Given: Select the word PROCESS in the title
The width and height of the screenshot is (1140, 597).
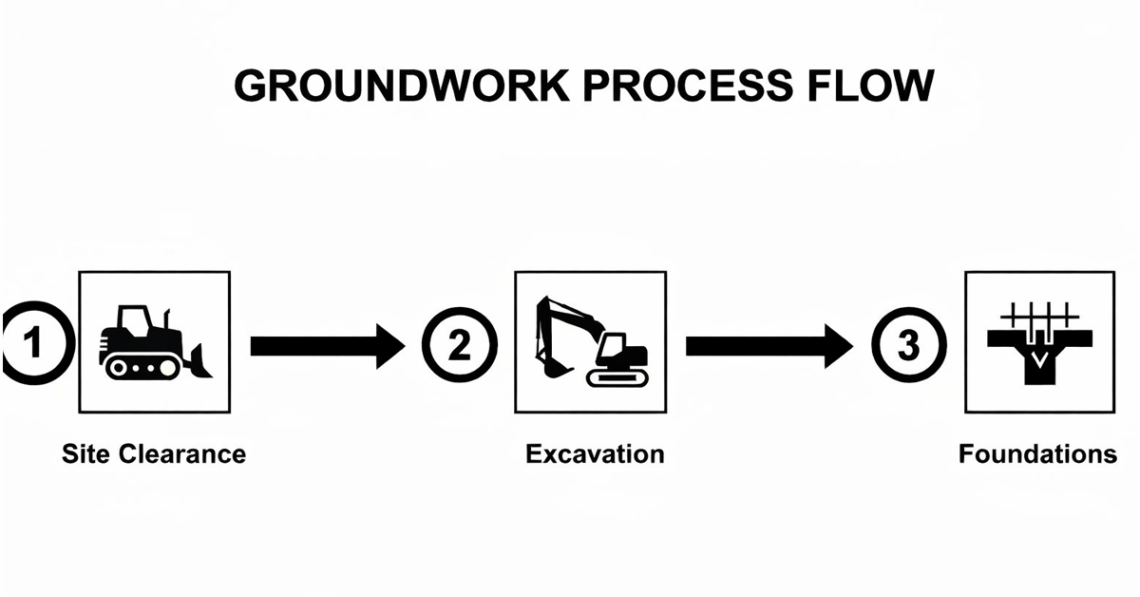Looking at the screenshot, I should pyautogui.click(x=676, y=87).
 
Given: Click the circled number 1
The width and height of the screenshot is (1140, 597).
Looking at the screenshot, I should pyautogui.click(x=33, y=342).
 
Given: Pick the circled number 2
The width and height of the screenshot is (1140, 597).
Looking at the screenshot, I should pyautogui.click(x=459, y=344).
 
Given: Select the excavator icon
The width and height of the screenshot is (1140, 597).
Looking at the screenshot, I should pyautogui.click(x=590, y=342).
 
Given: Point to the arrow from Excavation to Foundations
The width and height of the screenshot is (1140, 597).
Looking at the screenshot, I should pyautogui.click(x=769, y=346).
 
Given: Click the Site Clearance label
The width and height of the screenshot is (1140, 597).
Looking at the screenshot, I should pyautogui.click(x=154, y=453).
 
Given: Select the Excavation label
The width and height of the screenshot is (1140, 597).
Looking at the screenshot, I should pyautogui.click(x=595, y=453).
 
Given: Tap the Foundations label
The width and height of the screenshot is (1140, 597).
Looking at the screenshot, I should pyautogui.click(x=1037, y=453).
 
